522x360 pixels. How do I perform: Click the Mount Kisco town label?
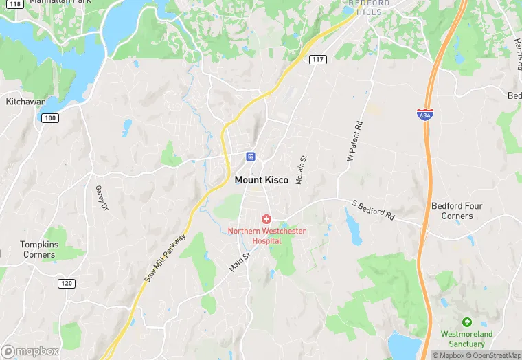point(261,180)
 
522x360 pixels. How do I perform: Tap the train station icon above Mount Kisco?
point(251,156)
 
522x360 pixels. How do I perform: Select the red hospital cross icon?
point(266,218)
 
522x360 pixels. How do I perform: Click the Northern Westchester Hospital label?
point(266,236)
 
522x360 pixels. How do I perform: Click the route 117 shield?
point(317,60)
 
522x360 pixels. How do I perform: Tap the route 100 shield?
point(49,118)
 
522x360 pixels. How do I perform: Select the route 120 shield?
point(66,284)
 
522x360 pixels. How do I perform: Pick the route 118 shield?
point(15,3)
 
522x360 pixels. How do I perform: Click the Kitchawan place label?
point(25,102)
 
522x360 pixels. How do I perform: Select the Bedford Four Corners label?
point(457,211)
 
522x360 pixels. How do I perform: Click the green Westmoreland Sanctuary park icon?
point(467,322)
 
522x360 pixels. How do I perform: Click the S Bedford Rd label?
point(373,210)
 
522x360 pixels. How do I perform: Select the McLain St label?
point(300,170)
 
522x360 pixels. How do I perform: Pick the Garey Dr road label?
point(102,199)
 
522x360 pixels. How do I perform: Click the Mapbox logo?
point(31,350)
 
